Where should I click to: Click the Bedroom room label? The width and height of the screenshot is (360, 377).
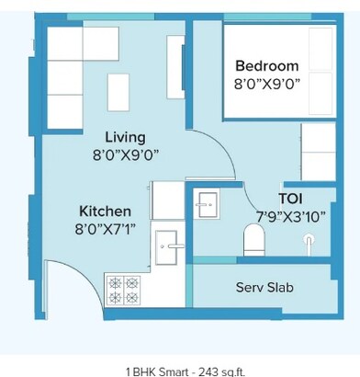(x=266, y=66)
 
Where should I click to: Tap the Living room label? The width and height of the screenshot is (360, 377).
(x=126, y=136)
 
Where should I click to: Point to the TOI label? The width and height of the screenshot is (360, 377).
(x=292, y=198)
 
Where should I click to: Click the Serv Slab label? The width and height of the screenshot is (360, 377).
(x=264, y=288)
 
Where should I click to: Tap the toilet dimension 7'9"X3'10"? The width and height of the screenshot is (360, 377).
(x=291, y=216)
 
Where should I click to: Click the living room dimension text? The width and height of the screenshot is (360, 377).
(x=125, y=155)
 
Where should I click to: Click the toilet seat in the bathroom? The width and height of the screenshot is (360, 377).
(x=253, y=242)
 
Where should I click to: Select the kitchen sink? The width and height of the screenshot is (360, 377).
(x=169, y=246)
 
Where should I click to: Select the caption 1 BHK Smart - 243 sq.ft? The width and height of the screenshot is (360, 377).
(x=179, y=371)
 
